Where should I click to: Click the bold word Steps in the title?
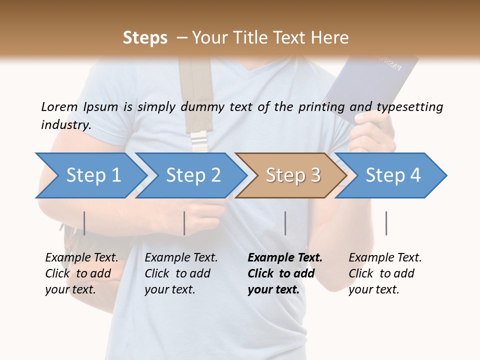pyautogui.click(x=145, y=38)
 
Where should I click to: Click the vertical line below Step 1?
pyautogui.click(x=84, y=223)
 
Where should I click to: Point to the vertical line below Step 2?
pyautogui.click(x=184, y=223)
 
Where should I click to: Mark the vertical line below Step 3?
pyautogui.click(x=285, y=223)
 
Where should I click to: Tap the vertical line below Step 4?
pyautogui.click(x=386, y=223)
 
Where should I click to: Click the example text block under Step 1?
pyautogui.click(x=81, y=273)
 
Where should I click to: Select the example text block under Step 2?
pyautogui.click(x=181, y=273)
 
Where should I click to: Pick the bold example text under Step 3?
pyautogui.click(x=285, y=273)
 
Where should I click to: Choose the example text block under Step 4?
pyautogui.click(x=385, y=273)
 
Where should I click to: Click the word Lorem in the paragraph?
pyautogui.click(x=59, y=107)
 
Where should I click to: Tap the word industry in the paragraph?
pyautogui.click(x=66, y=124)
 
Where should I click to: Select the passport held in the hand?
pyautogui.click(x=372, y=85)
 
